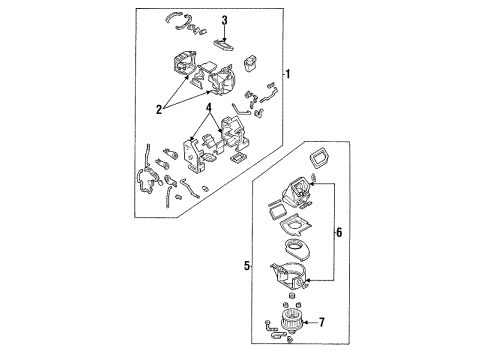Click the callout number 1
[x=288, y=74]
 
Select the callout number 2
[x=159, y=109]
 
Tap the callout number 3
[x=225, y=20]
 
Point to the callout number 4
[x=209, y=107]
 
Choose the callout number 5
[x=247, y=266]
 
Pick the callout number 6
[x=339, y=232]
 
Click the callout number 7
[x=321, y=322]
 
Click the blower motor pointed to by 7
[x=291, y=320]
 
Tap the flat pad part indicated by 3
[x=223, y=45]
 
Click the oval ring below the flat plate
[x=298, y=247]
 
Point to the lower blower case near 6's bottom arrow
[x=289, y=275]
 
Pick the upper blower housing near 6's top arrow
[x=298, y=193]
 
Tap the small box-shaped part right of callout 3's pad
[x=251, y=63]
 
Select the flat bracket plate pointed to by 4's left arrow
[x=192, y=154]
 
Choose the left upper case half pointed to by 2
[x=185, y=64]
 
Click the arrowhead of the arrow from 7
[x=306, y=322]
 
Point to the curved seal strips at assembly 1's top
[x=185, y=23]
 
